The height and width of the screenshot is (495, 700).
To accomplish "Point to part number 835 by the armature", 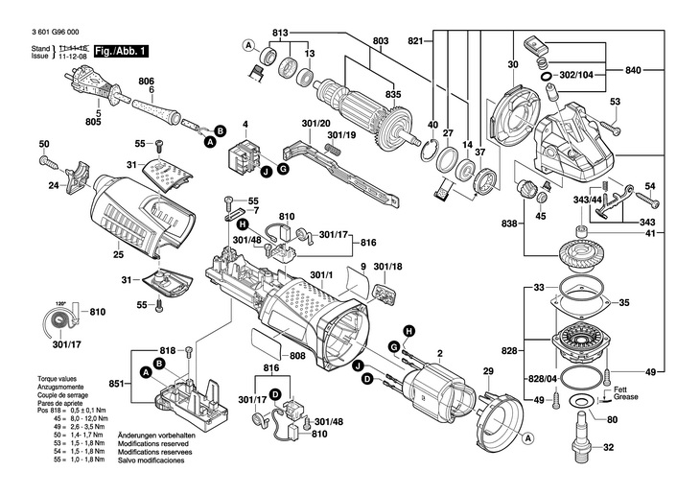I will (x=393, y=94).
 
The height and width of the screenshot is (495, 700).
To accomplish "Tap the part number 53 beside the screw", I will (x=616, y=103).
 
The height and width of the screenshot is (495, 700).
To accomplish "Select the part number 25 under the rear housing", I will (x=118, y=255).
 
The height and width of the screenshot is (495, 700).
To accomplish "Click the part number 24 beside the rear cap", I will (x=54, y=185).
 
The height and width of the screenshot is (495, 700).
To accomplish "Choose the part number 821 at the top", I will (x=415, y=41).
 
